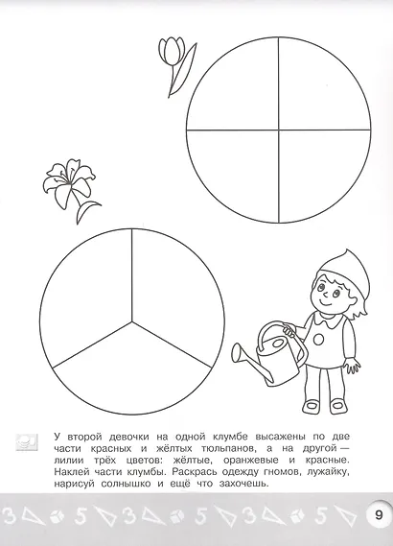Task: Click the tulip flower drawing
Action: coord(173,52)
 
